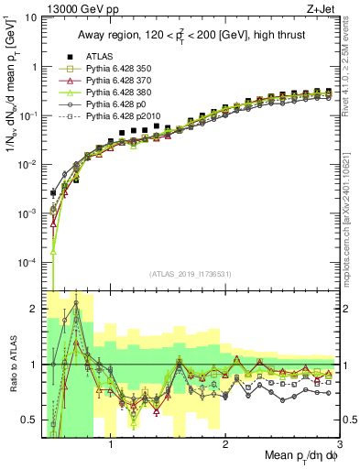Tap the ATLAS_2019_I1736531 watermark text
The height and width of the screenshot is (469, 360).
coord(191,274)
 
